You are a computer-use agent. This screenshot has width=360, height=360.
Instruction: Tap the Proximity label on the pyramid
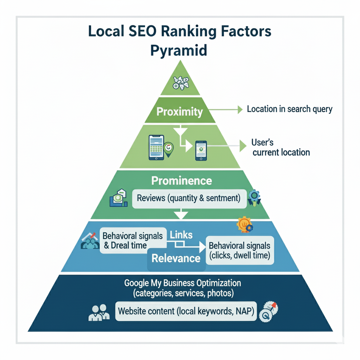tap(180, 112)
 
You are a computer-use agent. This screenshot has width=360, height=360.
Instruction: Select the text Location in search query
tap(289, 109)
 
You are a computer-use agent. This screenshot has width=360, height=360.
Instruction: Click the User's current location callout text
tap(281, 148)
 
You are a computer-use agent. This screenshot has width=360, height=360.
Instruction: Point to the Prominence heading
tap(181, 181)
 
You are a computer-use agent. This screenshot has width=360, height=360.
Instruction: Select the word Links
tap(181, 235)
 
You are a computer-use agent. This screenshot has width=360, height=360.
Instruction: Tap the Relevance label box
tap(176, 258)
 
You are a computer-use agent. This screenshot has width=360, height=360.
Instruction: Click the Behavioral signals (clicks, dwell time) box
tap(239, 250)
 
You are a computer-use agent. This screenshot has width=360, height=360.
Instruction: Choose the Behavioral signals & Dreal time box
tap(133, 240)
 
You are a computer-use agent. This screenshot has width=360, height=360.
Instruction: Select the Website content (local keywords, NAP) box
tap(186, 311)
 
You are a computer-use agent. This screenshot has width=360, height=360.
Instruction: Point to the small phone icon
tap(201, 150)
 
